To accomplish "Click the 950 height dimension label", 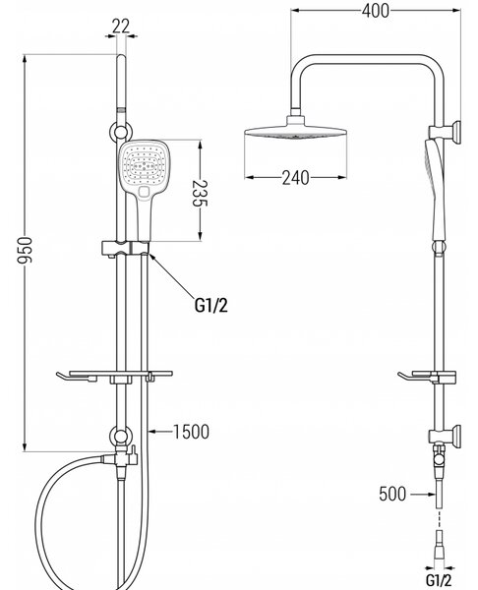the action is (26, 250).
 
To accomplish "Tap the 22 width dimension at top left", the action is (120, 26).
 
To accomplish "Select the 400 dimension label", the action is (376, 11).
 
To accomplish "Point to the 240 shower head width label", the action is (295, 178).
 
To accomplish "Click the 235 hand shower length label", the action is (200, 194).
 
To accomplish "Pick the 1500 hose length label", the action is (191, 432).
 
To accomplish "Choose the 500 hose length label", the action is (392, 494).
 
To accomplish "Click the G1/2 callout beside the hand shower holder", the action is (211, 305).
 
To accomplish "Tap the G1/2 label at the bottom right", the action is (439, 580).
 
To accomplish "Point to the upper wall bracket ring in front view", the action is (120, 132).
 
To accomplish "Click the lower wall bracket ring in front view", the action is (120, 436).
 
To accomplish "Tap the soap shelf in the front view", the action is (115, 376).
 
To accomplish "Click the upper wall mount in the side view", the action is (446, 133).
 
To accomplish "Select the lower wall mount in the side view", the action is (446, 436).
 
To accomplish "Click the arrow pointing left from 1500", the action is (160, 432).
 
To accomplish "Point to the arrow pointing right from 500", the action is (422, 494).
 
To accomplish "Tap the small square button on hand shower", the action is (145, 192).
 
